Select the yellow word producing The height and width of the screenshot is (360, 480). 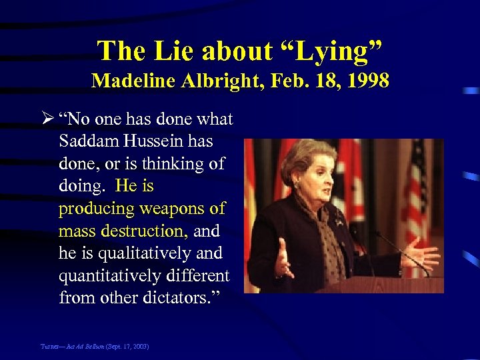(95, 209)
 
